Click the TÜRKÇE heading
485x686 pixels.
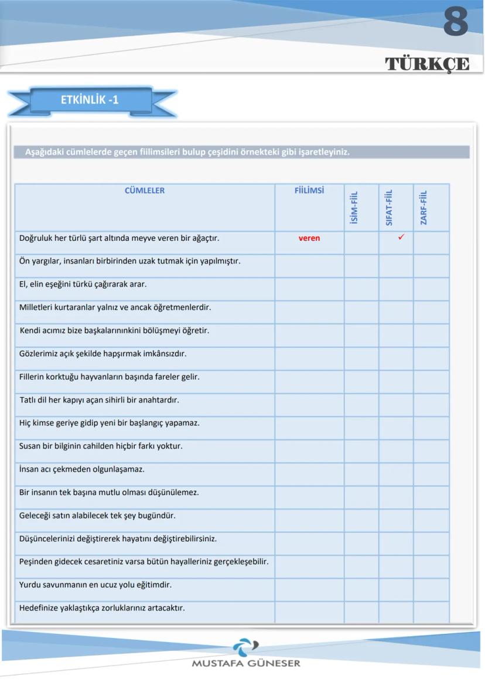pos(427,64)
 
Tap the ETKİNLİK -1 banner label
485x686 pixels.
pos(90,100)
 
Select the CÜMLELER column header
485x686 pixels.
pos(145,190)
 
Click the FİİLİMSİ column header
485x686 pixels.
pos(309,190)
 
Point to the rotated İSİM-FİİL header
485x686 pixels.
pos(354,207)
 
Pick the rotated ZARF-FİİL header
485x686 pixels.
pos(423,207)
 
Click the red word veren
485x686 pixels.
pos(309,238)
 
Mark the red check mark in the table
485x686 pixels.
pos(401,237)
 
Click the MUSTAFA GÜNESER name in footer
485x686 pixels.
pos(245,664)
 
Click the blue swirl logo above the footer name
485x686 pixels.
pos(245,647)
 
